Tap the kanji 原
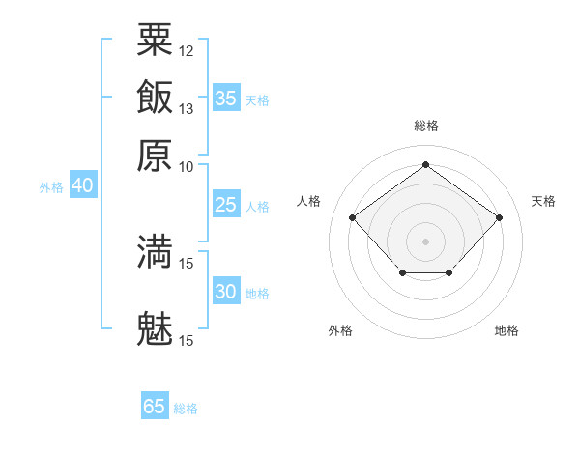tap(155, 155)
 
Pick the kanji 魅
tap(155, 328)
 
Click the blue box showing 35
tap(225, 99)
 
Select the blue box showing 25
tap(225, 205)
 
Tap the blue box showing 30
tap(225, 292)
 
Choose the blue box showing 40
tap(82, 185)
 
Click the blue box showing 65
tap(154, 407)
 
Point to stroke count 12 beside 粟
tap(187, 50)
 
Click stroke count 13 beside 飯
tap(187, 109)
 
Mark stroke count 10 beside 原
tap(187, 166)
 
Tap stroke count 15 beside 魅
tap(187, 340)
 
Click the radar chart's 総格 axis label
tap(425, 126)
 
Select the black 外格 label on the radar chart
tap(340, 330)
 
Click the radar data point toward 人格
tap(353, 218)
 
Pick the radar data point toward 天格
tap(499, 217)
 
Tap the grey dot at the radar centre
tap(425, 240)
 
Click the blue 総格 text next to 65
tap(186, 409)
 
